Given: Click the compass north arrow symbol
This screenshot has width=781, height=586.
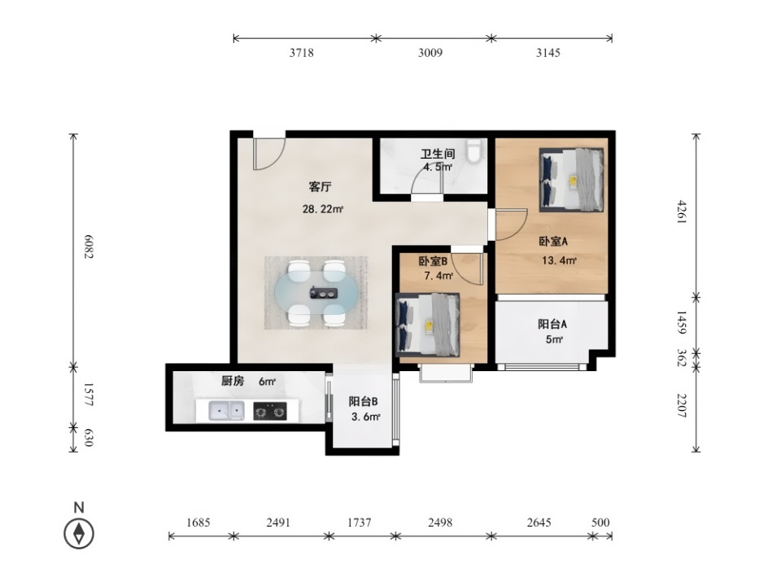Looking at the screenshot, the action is [79, 534].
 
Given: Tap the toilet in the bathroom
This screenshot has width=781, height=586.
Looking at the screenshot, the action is [474, 151].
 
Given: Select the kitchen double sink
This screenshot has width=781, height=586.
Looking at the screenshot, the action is [226, 411].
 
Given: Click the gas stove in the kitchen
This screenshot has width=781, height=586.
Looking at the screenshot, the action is [270, 411].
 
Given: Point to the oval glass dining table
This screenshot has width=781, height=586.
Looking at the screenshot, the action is [316, 293].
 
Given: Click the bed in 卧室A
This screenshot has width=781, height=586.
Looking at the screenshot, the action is [572, 180].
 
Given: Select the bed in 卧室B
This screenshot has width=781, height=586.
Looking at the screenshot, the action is [428, 325].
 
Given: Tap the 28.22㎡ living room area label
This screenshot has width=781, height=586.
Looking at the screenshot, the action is [323, 209].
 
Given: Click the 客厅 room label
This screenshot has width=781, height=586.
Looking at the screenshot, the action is [320, 187].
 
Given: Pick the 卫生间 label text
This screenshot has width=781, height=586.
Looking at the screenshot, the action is [438, 154].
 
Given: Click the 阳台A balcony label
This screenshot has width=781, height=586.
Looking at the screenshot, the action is [552, 325].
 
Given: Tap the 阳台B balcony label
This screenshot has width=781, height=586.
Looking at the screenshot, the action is [363, 401].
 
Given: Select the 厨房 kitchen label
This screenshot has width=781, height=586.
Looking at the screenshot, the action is [233, 382].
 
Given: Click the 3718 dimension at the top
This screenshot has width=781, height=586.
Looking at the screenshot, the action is [301, 53].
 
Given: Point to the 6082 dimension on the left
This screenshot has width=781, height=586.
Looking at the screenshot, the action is [88, 246].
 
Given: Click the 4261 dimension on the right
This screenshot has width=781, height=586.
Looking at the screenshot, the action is [682, 212].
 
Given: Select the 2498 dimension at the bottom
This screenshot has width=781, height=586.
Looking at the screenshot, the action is [440, 523].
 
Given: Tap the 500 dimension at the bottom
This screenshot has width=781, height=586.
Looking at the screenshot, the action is [600, 523].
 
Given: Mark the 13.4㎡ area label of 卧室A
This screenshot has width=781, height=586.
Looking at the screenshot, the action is [560, 260].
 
